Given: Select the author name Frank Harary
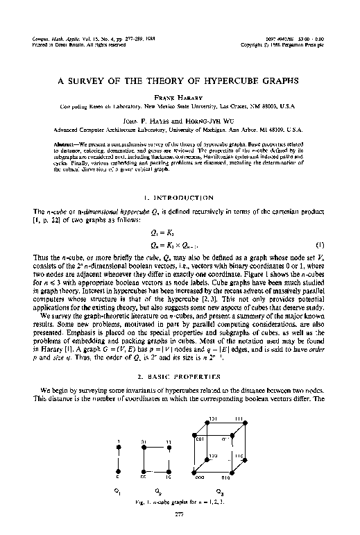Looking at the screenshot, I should (x=180, y=98).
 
